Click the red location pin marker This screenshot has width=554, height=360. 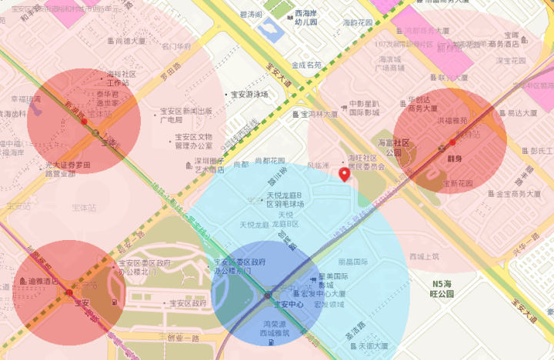pos(344,175)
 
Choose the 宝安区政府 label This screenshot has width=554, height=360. pos(187,304)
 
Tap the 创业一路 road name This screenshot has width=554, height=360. pos(183,338)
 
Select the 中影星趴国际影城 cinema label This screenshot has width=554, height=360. pos(364,107)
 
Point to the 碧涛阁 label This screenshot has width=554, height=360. pos(251,15)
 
